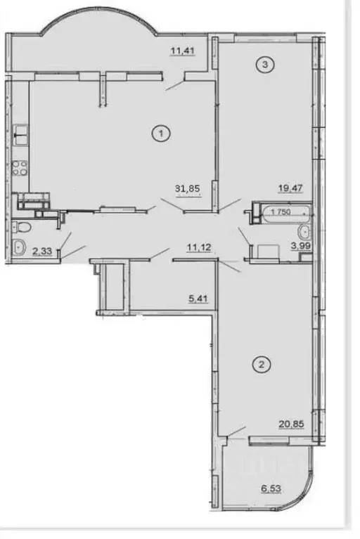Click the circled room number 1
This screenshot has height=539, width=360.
(162, 131)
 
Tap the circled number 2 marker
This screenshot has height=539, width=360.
(261, 365)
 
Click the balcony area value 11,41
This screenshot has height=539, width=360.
(183, 50)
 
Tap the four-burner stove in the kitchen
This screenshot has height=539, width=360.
(20, 169)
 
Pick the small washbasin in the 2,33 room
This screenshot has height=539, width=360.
(18, 247)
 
